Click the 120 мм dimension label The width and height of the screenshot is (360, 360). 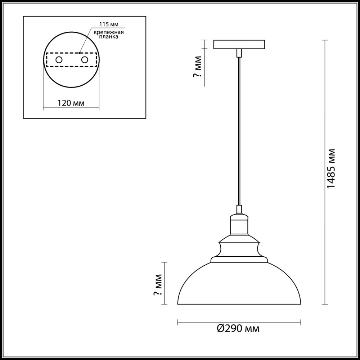(x=71, y=103)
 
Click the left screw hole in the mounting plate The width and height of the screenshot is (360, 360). (x=59, y=60)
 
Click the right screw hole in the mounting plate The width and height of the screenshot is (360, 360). (x=85, y=60)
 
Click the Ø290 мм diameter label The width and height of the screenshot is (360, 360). (x=238, y=328)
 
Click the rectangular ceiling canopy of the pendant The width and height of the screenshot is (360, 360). (x=239, y=45)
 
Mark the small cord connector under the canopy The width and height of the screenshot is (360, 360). (x=239, y=54)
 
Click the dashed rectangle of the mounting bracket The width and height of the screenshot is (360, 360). (x=72, y=54)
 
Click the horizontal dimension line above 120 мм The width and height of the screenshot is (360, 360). (x=71, y=108)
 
